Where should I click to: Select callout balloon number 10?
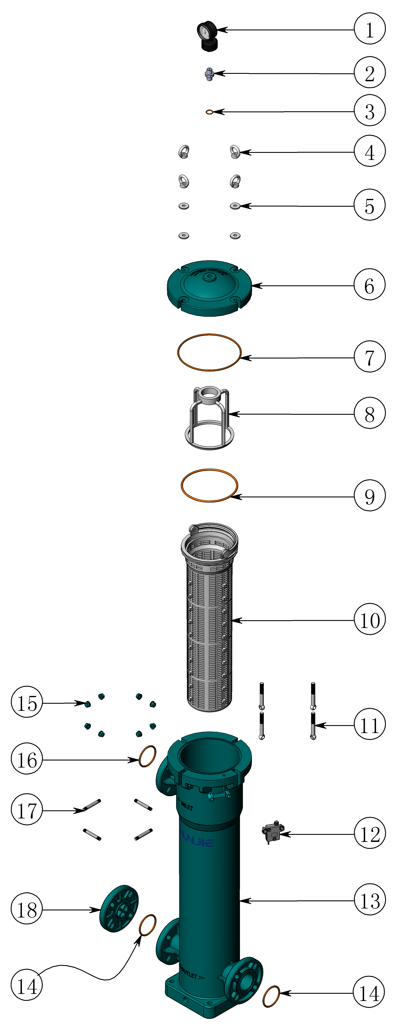[x=369, y=620]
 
